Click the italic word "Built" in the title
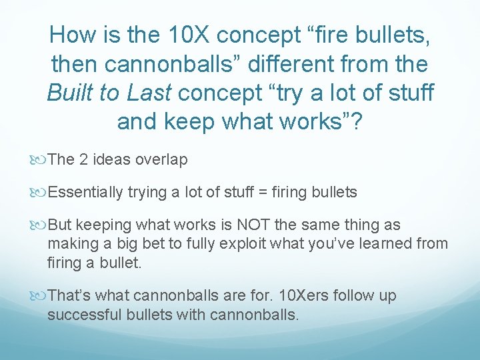point(71,93)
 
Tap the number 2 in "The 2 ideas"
point(83,159)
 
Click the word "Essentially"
point(86,193)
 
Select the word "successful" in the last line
point(83,313)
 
